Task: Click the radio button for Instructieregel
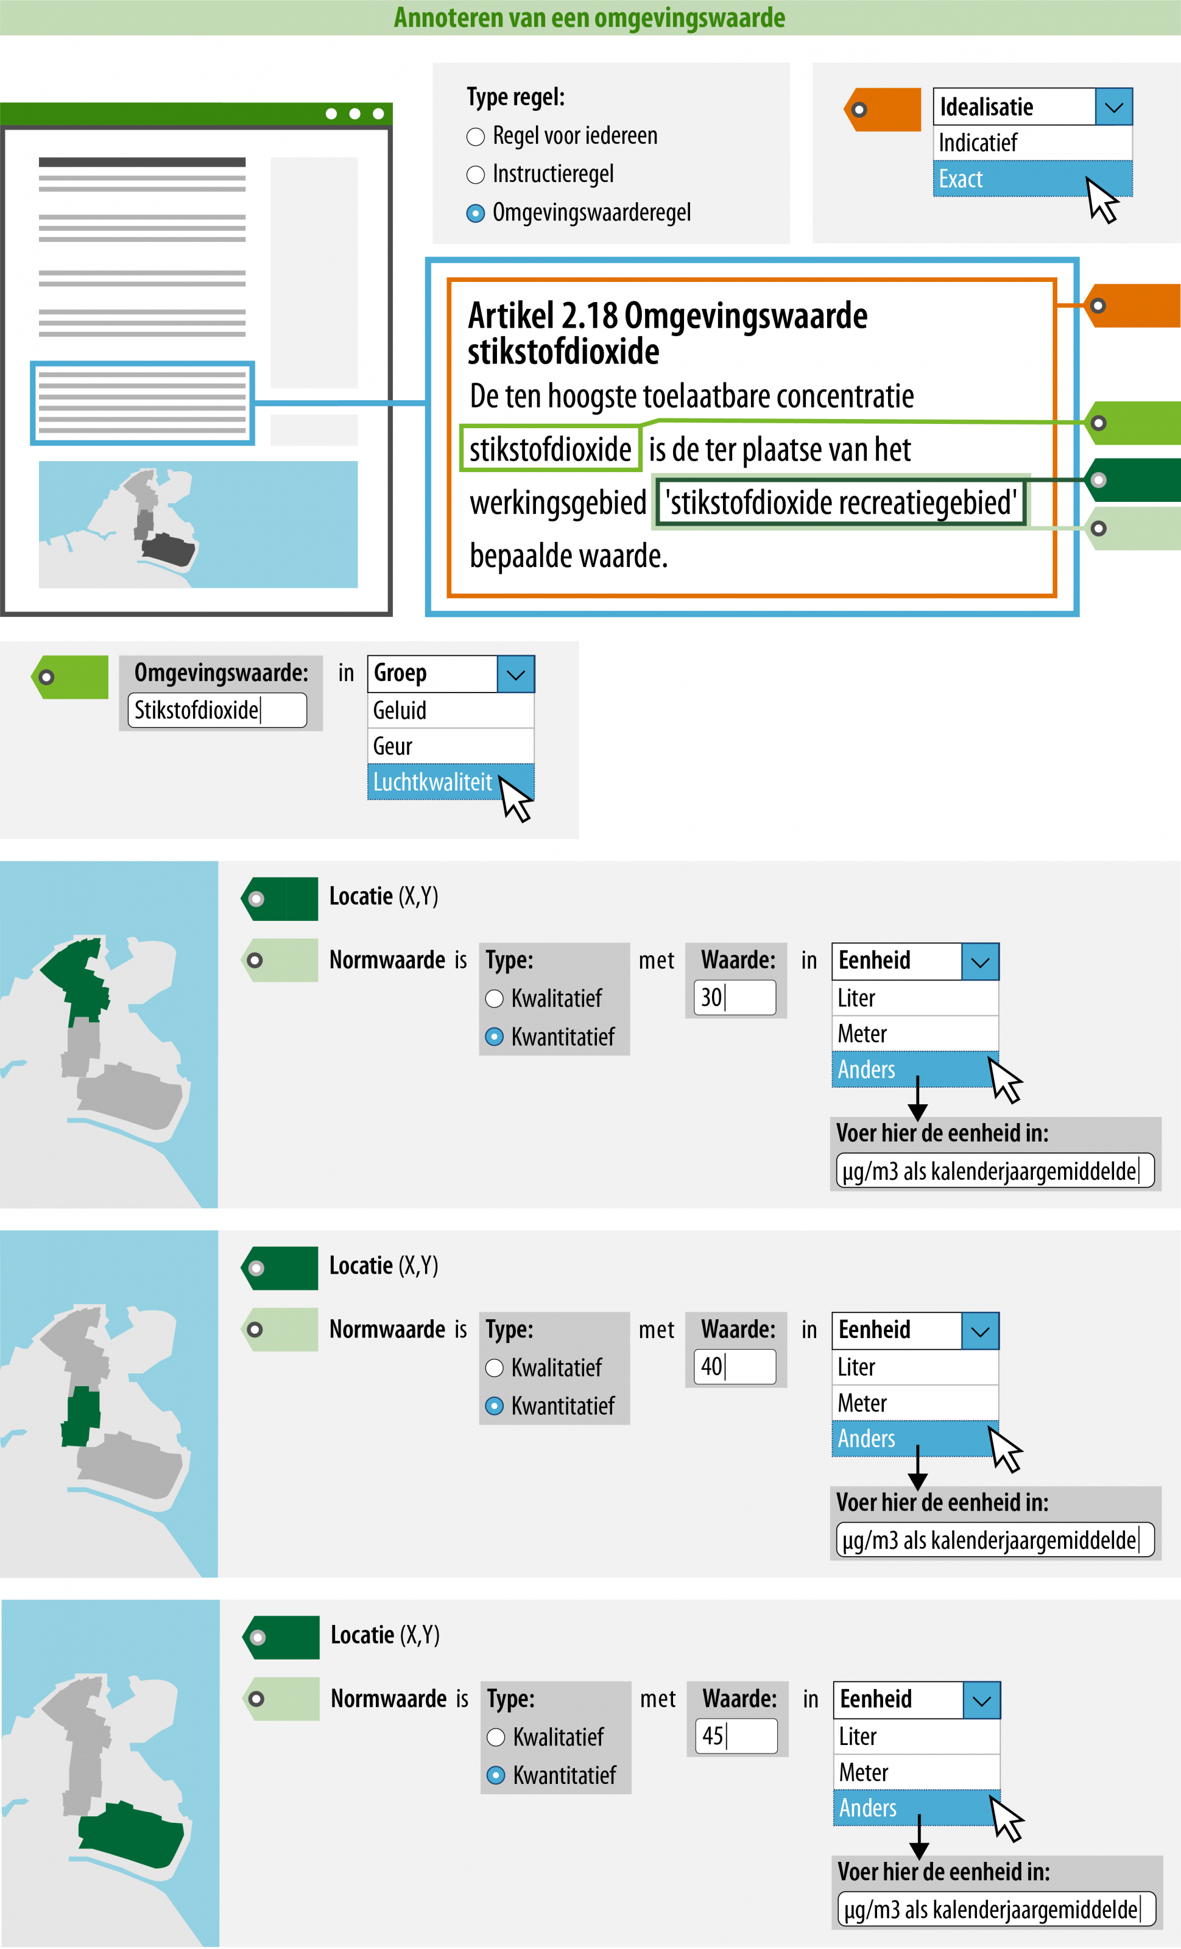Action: coord(476,175)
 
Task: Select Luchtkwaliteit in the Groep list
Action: coord(432,782)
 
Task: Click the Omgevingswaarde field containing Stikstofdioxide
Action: coord(217,710)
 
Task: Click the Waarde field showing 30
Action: coord(734,998)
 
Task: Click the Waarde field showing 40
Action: coord(734,1367)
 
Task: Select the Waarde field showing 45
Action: coord(736,1736)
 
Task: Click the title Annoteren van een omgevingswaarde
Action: coord(590,18)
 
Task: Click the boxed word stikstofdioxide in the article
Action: coord(551,449)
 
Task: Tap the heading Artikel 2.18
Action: coord(667,333)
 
